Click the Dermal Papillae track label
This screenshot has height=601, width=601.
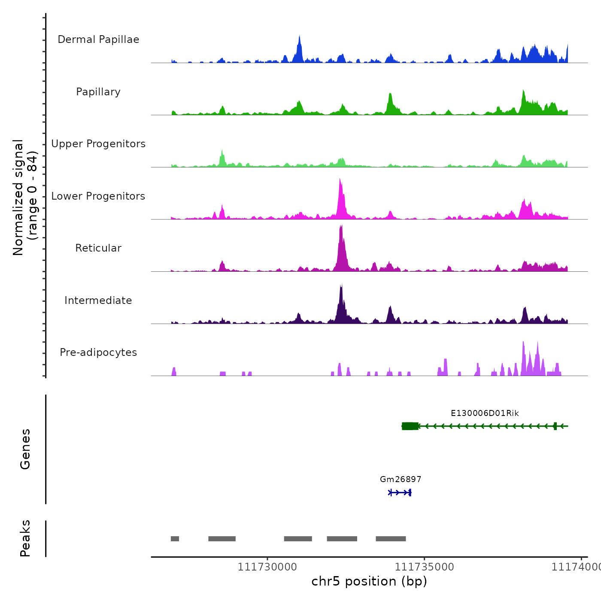98,39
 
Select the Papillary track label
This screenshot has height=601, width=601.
98,92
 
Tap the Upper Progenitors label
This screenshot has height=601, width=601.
98,144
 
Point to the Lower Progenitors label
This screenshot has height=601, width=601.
98,196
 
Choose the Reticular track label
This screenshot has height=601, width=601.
98,248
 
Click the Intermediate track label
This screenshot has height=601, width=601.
98,300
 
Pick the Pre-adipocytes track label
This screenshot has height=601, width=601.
98,352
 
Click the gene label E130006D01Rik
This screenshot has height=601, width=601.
485,413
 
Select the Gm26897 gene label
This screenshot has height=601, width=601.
401,479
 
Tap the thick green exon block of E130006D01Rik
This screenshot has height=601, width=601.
410,426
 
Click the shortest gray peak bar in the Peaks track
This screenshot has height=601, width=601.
175,539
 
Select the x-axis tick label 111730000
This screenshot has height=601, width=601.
267,567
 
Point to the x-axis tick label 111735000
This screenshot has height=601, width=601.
424,567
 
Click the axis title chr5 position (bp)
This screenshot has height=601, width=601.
369,581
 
